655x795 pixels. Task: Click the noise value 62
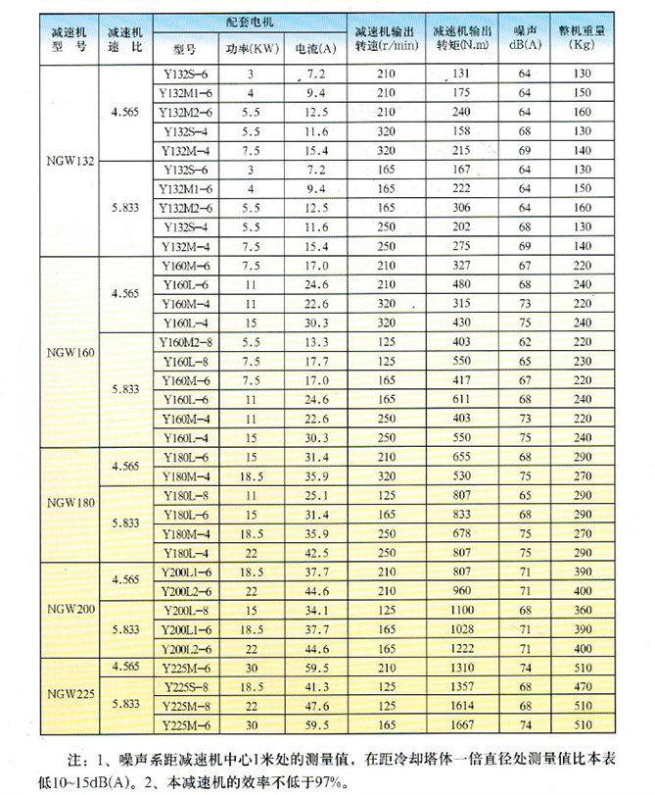523,341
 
